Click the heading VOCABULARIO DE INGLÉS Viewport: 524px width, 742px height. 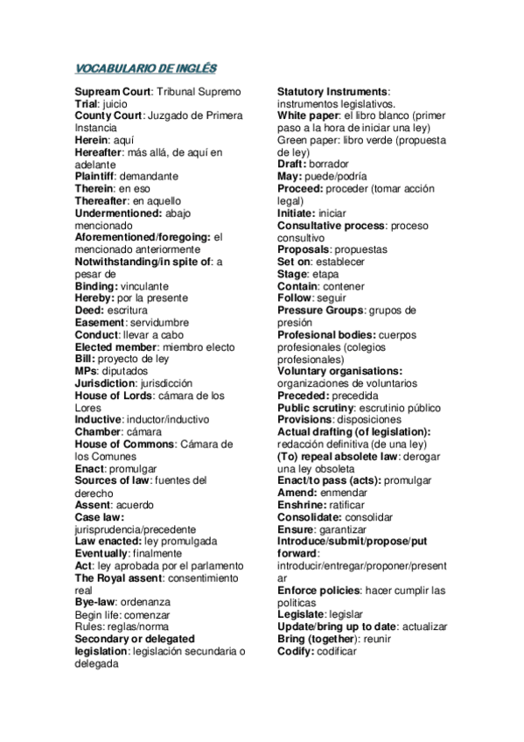click(x=145, y=67)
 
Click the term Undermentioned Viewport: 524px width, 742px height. click(x=118, y=213)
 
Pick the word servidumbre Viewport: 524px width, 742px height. click(x=159, y=322)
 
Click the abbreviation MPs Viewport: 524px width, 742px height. click(x=86, y=371)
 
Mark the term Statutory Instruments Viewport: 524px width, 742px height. click(x=332, y=92)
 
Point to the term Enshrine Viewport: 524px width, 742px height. click(x=302, y=505)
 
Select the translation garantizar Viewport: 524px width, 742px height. click(x=341, y=529)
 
